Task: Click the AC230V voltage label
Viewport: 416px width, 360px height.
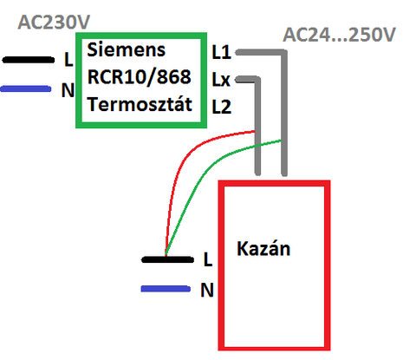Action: point(54,22)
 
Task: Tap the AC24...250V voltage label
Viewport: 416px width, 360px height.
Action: point(339,35)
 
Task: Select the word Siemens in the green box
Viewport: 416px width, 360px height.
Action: point(127,49)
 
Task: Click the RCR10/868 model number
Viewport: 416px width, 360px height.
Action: point(140,77)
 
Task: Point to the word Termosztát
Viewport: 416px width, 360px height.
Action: point(140,104)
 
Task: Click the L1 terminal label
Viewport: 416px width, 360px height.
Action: point(222,52)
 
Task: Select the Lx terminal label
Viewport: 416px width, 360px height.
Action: point(221,80)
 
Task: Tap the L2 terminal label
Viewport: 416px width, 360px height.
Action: point(222,107)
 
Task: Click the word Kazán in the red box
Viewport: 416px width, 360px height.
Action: point(263,248)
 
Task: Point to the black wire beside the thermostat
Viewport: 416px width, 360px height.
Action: point(29,60)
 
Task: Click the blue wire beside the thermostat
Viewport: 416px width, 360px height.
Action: point(26,88)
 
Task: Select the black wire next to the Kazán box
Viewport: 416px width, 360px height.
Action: point(167,259)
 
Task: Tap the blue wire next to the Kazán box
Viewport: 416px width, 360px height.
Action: point(166,289)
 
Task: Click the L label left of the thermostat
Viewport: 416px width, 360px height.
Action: point(68,60)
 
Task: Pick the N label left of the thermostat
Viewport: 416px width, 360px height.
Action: point(68,89)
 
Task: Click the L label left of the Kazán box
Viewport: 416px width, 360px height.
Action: point(208,259)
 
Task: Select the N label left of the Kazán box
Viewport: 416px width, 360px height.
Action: point(207,290)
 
